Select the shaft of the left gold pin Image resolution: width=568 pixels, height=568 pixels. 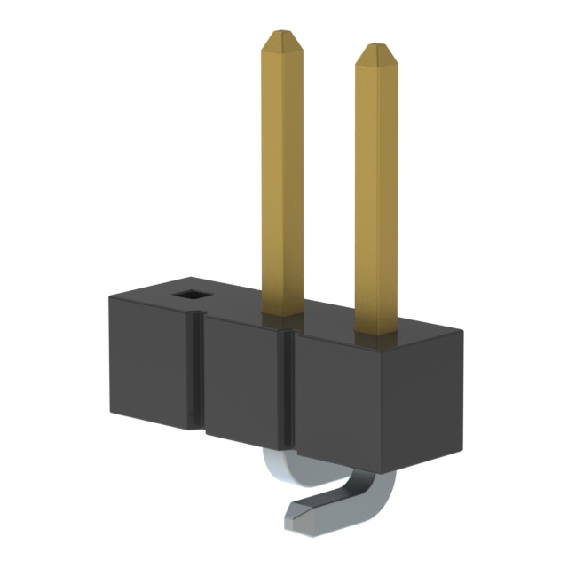(283, 177)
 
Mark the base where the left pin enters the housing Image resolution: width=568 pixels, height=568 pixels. (283, 312)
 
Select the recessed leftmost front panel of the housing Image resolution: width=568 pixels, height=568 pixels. (151, 364)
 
